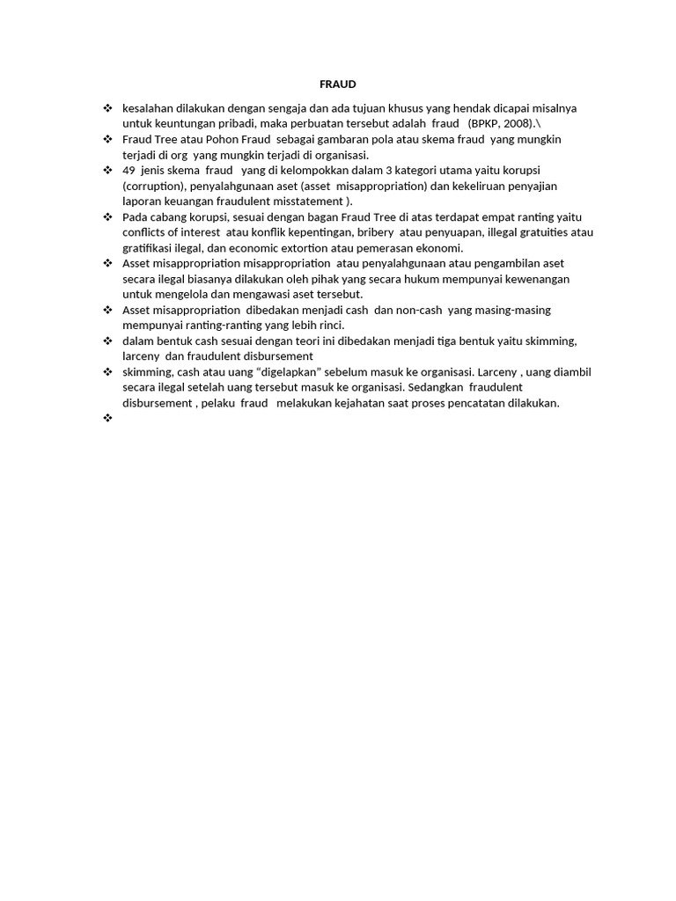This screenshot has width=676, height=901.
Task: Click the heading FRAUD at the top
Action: point(337,84)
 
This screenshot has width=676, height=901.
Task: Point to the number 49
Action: point(129,170)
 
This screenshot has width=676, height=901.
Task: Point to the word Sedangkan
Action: point(436,387)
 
